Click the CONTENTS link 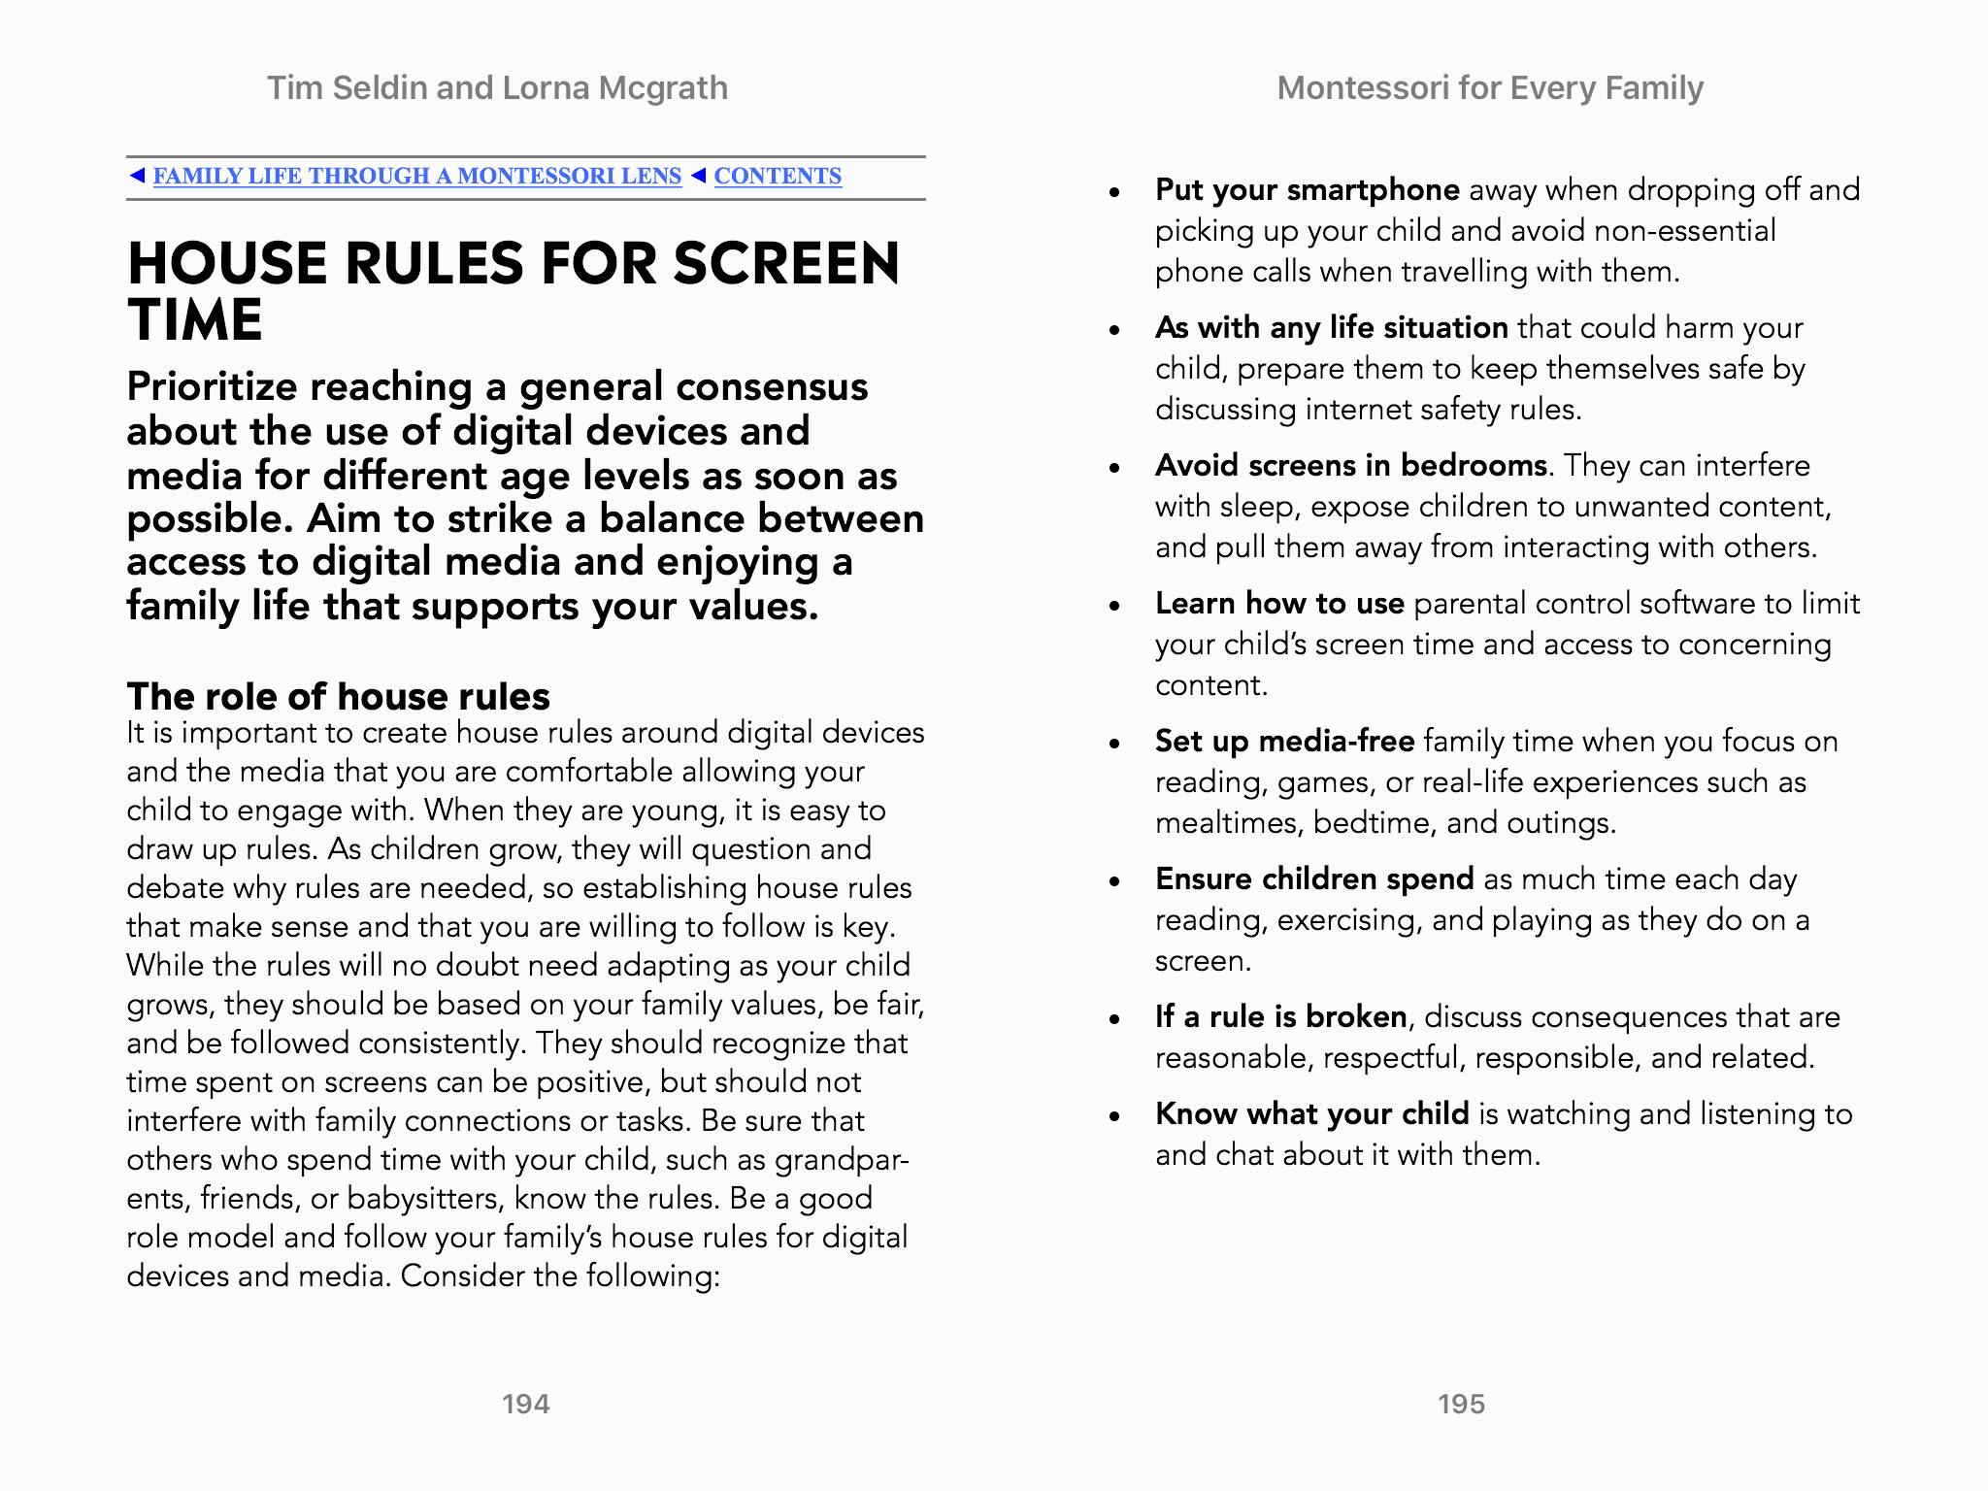click(778, 176)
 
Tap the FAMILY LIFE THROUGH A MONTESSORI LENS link click(416, 176)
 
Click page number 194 click(525, 1404)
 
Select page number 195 click(1461, 1404)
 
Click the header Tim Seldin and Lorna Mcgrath click(497, 88)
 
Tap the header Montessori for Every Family click(1489, 88)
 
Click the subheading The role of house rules click(338, 696)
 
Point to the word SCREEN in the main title click(786, 263)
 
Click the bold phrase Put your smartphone click(1307, 189)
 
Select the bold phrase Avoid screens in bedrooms click(1350, 465)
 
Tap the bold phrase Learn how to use click(1279, 603)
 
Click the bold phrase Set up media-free click(1284, 741)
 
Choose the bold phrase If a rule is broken click(1280, 1016)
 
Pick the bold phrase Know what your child click(1311, 1113)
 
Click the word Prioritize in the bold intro click(212, 386)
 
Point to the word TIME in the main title click(195, 320)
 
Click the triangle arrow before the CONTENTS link click(699, 176)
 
